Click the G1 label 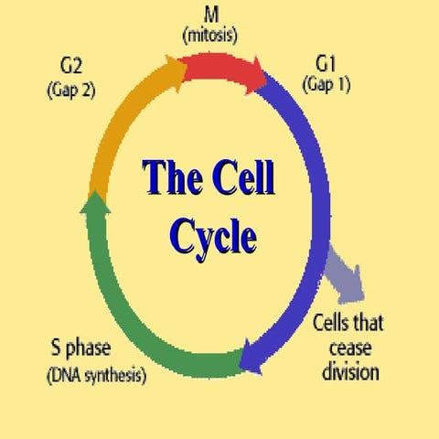pos(327,66)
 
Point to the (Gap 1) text pos(327,86)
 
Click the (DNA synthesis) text pos(95,376)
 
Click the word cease pos(344,349)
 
